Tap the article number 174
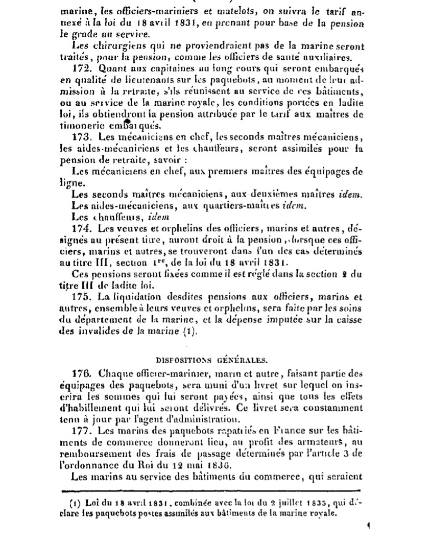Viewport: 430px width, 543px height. coord(80,227)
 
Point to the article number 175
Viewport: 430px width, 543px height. coord(80,297)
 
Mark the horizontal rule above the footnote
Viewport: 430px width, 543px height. coord(212,490)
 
